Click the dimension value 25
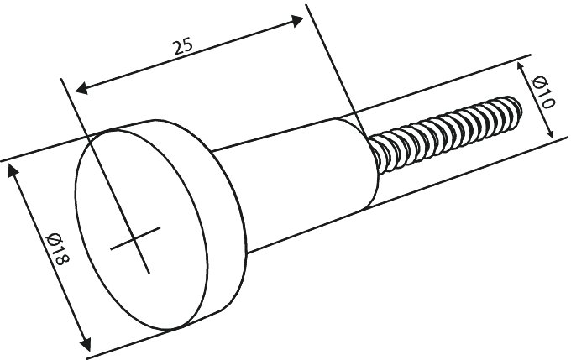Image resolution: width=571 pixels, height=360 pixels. (183, 46)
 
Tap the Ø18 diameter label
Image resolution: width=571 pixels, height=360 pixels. (57, 249)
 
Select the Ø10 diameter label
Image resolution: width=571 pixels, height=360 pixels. (543, 92)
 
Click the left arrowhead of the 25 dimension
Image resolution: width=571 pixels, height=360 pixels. (81, 88)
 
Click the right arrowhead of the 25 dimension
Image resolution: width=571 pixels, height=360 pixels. (297, 20)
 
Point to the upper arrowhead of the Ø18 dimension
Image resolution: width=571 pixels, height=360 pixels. (13, 170)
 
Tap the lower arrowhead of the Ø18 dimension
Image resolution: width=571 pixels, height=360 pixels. (86, 343)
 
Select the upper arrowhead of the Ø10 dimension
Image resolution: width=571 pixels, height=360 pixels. (521, 67)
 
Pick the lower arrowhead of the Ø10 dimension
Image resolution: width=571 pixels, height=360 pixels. (550, 133)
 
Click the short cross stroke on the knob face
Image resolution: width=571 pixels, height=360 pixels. (135, 238)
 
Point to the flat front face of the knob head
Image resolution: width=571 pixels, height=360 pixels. (142, 229)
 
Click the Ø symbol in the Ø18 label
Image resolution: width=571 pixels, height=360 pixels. (54, 239)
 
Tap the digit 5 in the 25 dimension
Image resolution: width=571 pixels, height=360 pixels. (188, 44)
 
